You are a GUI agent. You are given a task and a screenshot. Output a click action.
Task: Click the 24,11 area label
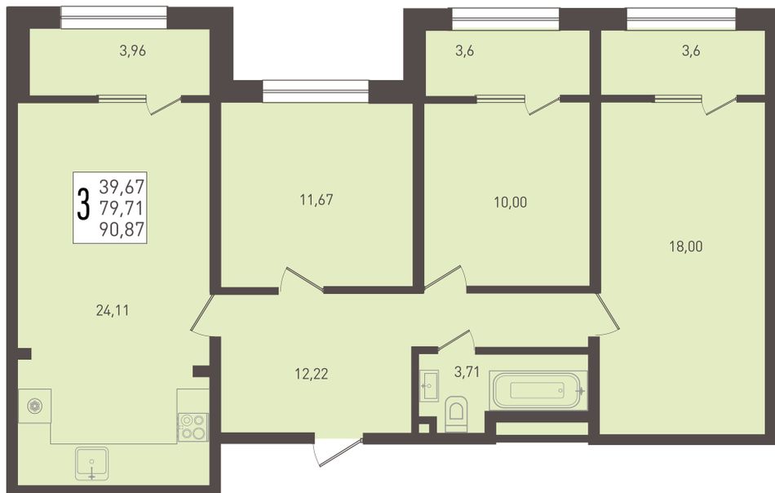pos(113,310)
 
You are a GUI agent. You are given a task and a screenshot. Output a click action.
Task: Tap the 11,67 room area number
pos(317,200)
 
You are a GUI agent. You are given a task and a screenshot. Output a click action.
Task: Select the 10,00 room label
pos(510,202)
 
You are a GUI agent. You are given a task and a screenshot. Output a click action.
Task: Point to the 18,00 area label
pos(686,246)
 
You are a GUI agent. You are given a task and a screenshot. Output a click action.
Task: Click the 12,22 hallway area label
pos(312,374)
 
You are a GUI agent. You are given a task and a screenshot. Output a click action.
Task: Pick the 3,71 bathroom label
pos(467,372)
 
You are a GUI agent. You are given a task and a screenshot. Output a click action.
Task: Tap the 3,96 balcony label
pos(132,51)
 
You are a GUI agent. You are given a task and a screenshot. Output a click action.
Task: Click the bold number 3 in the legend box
pos(84,204)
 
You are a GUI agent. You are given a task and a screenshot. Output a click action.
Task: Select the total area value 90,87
pos(122,229)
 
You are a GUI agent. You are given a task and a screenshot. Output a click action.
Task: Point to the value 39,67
pos(122,186)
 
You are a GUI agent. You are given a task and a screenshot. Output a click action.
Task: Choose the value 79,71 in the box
pos(122,207)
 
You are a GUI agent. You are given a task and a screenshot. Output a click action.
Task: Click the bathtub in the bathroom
pos(538,391)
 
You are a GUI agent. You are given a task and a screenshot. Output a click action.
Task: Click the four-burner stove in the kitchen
pos(193,427)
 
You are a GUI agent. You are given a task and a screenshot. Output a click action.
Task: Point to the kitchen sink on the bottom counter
pos(92,464)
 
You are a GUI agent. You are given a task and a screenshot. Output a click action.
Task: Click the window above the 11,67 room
pos(316,91)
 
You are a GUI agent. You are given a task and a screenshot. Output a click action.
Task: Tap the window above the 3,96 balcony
pos(113,17)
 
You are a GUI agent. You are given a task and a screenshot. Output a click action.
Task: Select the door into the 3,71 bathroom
pos(456,340)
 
